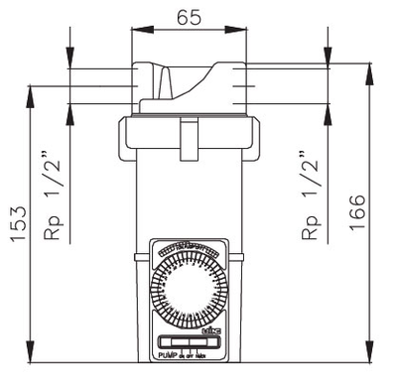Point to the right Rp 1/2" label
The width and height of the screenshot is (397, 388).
[312, 198]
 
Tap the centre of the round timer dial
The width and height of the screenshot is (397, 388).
[188, 287]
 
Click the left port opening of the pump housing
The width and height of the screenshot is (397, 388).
[140, 86]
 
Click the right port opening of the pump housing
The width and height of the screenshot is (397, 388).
[235, 86]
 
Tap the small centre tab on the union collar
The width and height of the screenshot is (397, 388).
[187, 130]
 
